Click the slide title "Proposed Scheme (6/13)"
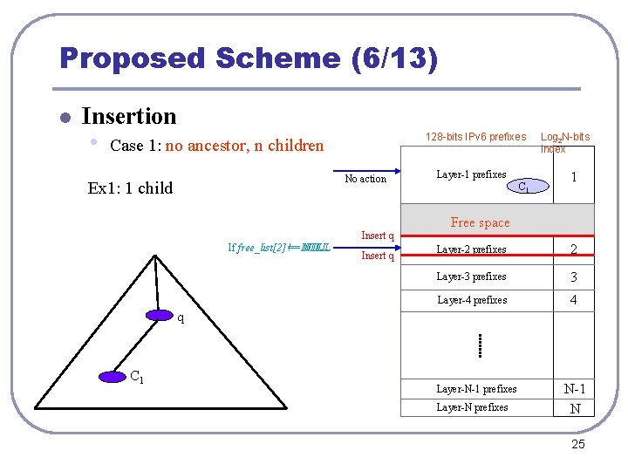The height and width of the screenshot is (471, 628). click(249, 58)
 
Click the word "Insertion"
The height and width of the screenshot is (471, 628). click(128, 116)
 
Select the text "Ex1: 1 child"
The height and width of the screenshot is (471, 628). click(130, 188)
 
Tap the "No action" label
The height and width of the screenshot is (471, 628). click(365, 179)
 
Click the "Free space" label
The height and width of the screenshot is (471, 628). click(480, 222)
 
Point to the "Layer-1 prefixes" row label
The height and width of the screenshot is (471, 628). click(471, 175)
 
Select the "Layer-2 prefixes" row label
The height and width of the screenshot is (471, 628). click(471, 249)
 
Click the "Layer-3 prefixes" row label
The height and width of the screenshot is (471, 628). click(471, 276)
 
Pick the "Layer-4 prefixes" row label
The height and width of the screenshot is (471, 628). click(471, 300)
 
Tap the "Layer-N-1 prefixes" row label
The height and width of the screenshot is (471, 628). click(476, 389)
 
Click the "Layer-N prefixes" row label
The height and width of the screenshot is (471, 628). click(472, 407)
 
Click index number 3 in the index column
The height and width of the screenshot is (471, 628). click(574, 277)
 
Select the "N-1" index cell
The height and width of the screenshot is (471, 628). click(574, 389)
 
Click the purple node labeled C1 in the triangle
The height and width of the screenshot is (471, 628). click(113, 377)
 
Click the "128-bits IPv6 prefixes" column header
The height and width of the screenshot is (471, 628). click(475, 137)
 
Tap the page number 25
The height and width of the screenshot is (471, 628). click(577, 446)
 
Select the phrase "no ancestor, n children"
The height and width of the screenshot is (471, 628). click(244, 146)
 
